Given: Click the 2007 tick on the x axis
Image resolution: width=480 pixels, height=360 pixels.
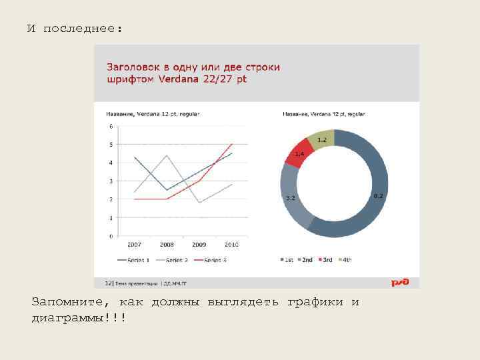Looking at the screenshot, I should [x=135, y=245].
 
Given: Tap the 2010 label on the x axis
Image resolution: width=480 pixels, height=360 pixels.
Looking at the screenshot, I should [x=231, y=245].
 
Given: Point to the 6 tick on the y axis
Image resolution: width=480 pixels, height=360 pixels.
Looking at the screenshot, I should [x=111, y=126].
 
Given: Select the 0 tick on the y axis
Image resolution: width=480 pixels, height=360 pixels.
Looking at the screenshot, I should [x=111, y=236].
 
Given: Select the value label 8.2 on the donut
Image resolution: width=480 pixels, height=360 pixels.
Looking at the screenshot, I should [x=378, y=195].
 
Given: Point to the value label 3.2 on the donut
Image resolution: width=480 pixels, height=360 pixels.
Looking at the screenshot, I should [x=291, y=198].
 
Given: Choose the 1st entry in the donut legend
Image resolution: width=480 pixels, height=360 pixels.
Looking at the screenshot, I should [x=287, y=260].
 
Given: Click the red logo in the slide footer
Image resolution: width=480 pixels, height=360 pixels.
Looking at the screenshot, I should [x=399, y=283].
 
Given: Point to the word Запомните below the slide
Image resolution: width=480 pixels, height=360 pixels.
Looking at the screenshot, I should [x=64, y=302].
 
